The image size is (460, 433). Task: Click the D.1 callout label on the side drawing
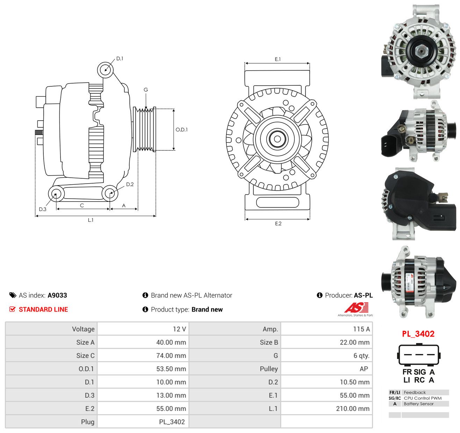click(120, 59)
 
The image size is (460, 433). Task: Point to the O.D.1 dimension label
click(181, 129)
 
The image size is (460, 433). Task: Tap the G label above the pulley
click(146, 90)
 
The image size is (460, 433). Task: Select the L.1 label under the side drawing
click(91, 220)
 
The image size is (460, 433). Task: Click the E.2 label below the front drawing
click(278, 223)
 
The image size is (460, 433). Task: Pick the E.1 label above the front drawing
click(278, 59)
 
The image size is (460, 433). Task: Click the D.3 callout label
click(43, 209)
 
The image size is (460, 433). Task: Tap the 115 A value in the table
click(361, 329)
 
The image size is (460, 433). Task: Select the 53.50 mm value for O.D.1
click(171, 369)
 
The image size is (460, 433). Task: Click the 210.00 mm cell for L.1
click(353, 409)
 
